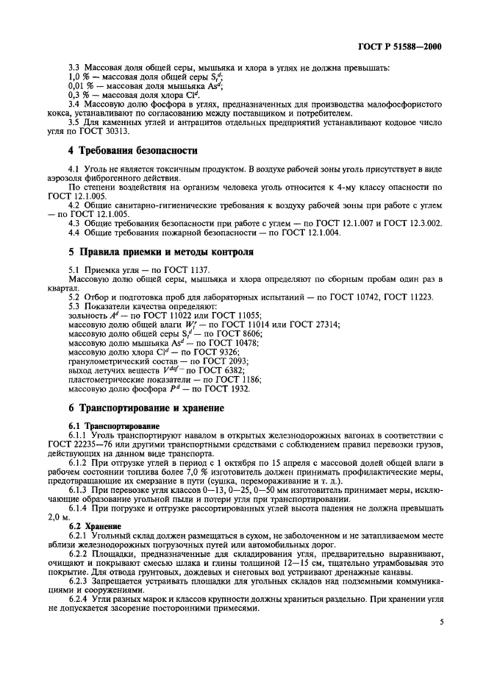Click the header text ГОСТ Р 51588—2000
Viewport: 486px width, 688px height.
[x=404, y=46]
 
